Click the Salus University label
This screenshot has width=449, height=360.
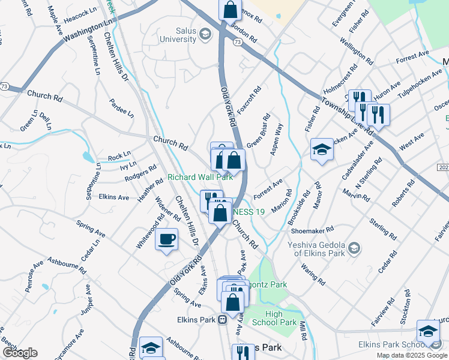[x=177, y=34]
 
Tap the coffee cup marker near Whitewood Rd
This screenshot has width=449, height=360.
[x=166, y=240]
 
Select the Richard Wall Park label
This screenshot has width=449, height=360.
[x=200, y=177]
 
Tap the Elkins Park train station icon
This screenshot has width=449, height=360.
[x=222, y=319]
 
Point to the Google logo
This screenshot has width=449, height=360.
[x=20, y=353]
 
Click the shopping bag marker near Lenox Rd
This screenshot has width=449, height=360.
[x=231, y=10]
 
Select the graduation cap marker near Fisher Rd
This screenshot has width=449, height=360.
[x=322, y=150]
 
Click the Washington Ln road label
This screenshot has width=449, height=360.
[x=87, y=29]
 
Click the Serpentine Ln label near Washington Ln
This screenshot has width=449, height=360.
[x=94, y=55]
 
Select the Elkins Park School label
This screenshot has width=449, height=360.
[x=392, y=344]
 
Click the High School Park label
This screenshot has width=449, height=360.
[x=281, y=318]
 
